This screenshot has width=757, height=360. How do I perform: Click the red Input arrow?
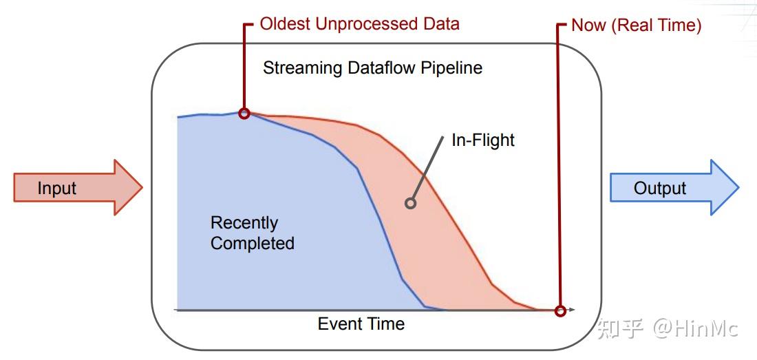point(77,188)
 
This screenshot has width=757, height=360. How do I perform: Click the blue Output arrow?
point(674,188)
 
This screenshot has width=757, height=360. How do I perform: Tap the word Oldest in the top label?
point(286,23)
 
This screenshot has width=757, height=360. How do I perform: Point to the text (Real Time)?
point(657,25)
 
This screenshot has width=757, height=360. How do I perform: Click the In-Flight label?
point(483,140)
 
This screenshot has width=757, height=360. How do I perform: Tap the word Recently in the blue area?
point(244,223)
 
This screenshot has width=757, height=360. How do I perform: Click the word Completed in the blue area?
point(253,243)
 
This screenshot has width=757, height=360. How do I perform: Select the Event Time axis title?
point(361,324)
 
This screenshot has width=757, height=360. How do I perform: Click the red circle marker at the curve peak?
point(244,114)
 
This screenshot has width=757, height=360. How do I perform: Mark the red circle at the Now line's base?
point(560,310)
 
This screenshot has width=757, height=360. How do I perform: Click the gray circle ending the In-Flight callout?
point(410,203)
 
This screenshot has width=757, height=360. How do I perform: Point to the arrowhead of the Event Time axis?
point(572,309)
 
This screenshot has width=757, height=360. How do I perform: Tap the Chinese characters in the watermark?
point(620,329)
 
